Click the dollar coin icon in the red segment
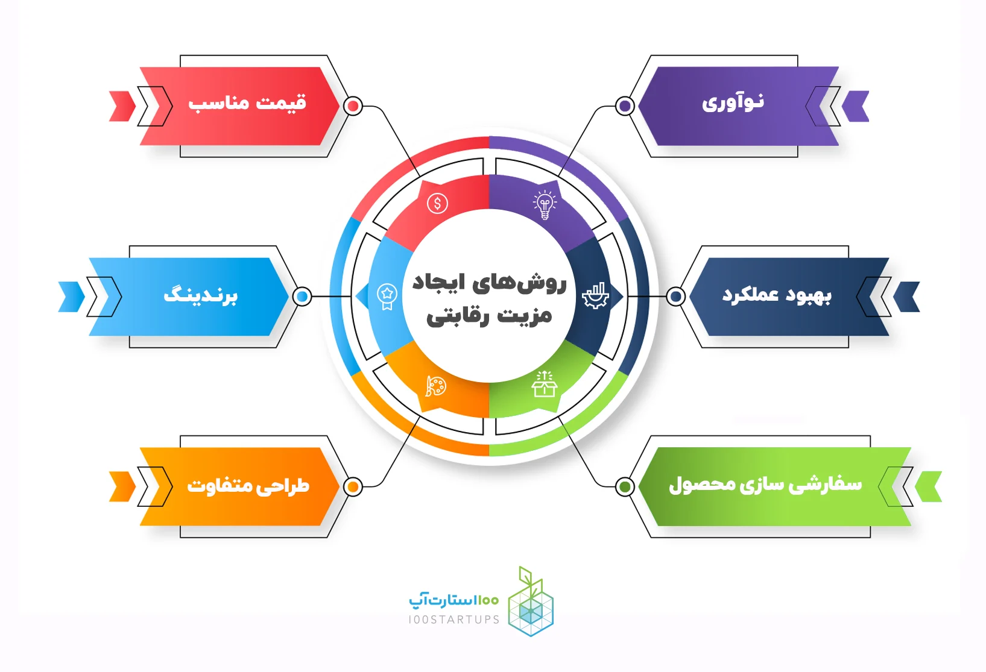click(x=437, y=204)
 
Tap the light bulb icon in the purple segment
click(x=545, y=205)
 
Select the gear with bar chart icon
click(x=595, y=295)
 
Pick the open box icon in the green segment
click(x=545, y=384)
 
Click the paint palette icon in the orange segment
click(x=436, y=386)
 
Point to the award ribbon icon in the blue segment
click(x=387, y=296)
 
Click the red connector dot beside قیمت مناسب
click(x=353, y=106)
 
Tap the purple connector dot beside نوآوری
click(x=625, y=106)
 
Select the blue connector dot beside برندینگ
click(x=302, y=297)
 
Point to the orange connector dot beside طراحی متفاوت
click(x=353, y=487)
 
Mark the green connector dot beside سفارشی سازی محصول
click(x=625, y=487)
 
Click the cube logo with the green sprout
click(x=531, y=601)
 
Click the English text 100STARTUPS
click(x=454, y=620)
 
